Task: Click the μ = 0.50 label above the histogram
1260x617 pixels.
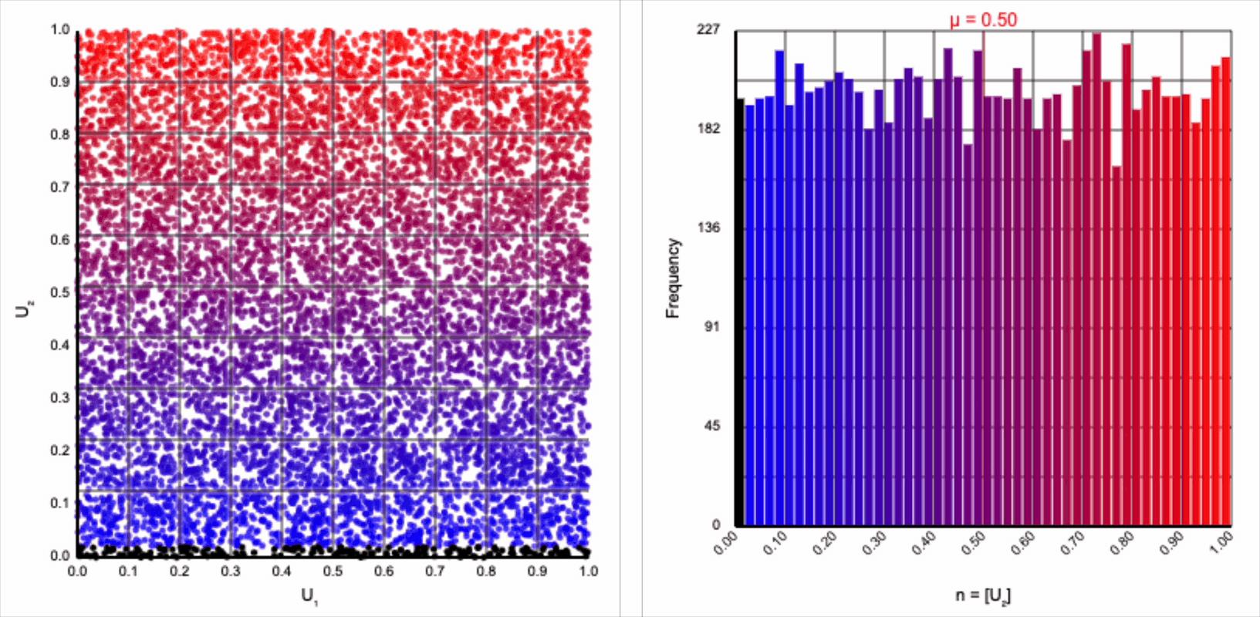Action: point(983,20)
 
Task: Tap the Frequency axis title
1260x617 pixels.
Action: point(673,278)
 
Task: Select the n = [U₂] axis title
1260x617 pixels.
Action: point(983,595)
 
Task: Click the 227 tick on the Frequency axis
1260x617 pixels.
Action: point(708,29)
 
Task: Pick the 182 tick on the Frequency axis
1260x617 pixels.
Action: point(708,128)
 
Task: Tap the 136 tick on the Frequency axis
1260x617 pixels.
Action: point(708,228)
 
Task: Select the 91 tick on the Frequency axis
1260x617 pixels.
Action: point(712,327)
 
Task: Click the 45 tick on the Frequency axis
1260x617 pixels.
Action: point(712,426)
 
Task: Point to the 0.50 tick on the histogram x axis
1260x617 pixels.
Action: point(974,544)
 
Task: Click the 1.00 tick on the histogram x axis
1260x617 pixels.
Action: point(1221,544)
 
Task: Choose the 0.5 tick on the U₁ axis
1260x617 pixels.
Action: point(333,571)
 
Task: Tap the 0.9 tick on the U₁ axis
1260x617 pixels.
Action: point(538,571)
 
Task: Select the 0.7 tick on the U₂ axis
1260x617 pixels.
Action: point(59,187)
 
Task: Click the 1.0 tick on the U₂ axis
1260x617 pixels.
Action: point(59,29)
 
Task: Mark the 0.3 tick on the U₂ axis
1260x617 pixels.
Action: point(59,398)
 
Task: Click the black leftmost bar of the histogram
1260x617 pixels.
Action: point(740,312)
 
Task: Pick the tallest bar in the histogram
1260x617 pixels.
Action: point(1096,279)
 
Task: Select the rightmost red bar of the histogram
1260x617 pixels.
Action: point(1226,292)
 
